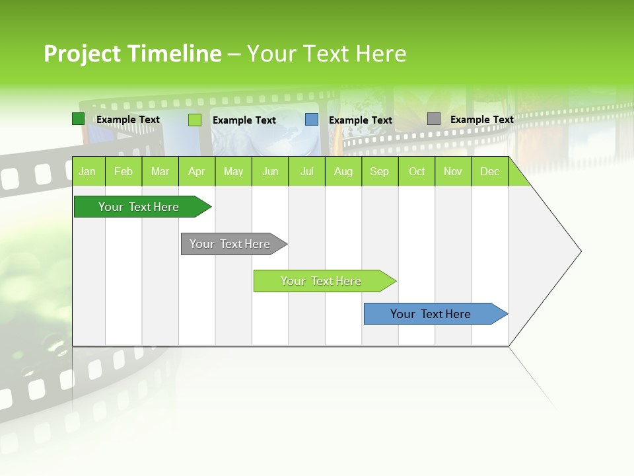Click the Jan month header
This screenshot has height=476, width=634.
coord(88,171)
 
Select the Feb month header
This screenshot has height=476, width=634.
coord(123,171)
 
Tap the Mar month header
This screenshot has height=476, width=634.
coord(160,171)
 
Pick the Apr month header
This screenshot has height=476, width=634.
coord(197,171)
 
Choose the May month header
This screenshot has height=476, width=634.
coord(233,171)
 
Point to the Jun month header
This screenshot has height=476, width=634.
coord(270,171)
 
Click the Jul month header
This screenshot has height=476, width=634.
coord(306,171)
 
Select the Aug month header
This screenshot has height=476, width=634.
coord(343,171)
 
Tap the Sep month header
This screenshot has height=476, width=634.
coord(380,171)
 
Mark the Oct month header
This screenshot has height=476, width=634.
coord(417,171)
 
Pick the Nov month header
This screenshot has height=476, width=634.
coord(453,171)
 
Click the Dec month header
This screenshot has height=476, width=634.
coord(490,171)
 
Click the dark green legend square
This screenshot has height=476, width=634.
coord(78,119)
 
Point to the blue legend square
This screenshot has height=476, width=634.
coord(312,120)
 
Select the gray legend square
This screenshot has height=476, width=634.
coord(434,119)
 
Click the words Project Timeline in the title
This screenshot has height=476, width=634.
coord(132,54)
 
